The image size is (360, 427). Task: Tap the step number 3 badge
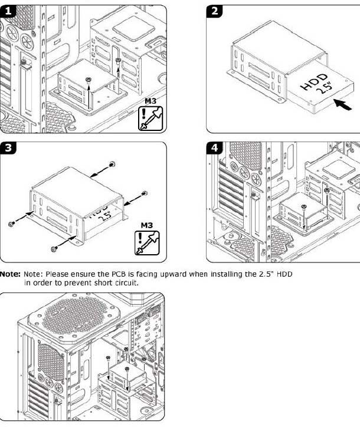[x=10, y=149]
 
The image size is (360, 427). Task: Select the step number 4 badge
[x=215, y=149]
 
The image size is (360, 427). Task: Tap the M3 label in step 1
[x=150, y=101]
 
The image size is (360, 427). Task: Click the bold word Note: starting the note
[x=11, y=274]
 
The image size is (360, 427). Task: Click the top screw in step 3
[x=112, y=164]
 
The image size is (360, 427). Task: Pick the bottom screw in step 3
[x=54, y=248]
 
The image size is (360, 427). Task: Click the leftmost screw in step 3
[x=11, y=224]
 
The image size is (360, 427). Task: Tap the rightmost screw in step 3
[x=145, y=193]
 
